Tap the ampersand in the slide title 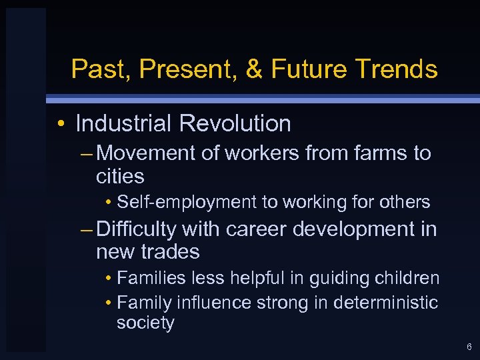point(254,69)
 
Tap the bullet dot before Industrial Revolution point(61,125)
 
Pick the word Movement point(147,153)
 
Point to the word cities point(120,177)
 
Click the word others point(407,202)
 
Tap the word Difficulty point(136,229)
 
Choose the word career point(256,229)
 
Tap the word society point(145,323)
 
